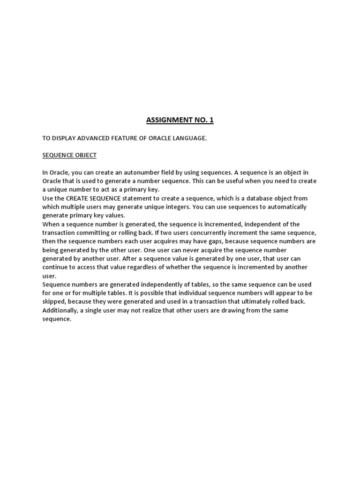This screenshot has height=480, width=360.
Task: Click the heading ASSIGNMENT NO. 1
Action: coord(180,120)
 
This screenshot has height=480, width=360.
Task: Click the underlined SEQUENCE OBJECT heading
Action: coord(69,155)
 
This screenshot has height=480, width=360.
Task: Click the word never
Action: coord(181,250)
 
